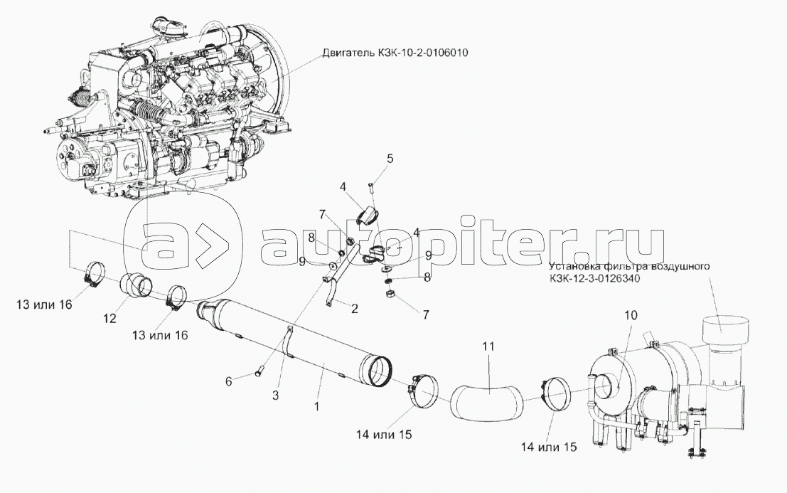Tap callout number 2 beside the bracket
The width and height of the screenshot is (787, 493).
pos(354,309)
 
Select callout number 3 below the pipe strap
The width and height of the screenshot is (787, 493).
pos(276,395)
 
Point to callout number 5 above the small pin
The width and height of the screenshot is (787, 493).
pos(390,159)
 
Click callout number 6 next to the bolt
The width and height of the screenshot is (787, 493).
pos(229,382)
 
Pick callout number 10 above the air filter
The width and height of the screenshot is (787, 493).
pos(631,315)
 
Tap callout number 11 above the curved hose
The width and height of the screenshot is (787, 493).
pos(488,346)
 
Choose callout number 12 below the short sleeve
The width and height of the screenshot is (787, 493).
pos(110,318)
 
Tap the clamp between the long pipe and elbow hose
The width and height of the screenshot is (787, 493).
pos(424,391)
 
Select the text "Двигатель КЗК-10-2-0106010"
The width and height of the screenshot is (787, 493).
pos(395,52)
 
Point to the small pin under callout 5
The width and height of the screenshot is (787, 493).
pos(372,188)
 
